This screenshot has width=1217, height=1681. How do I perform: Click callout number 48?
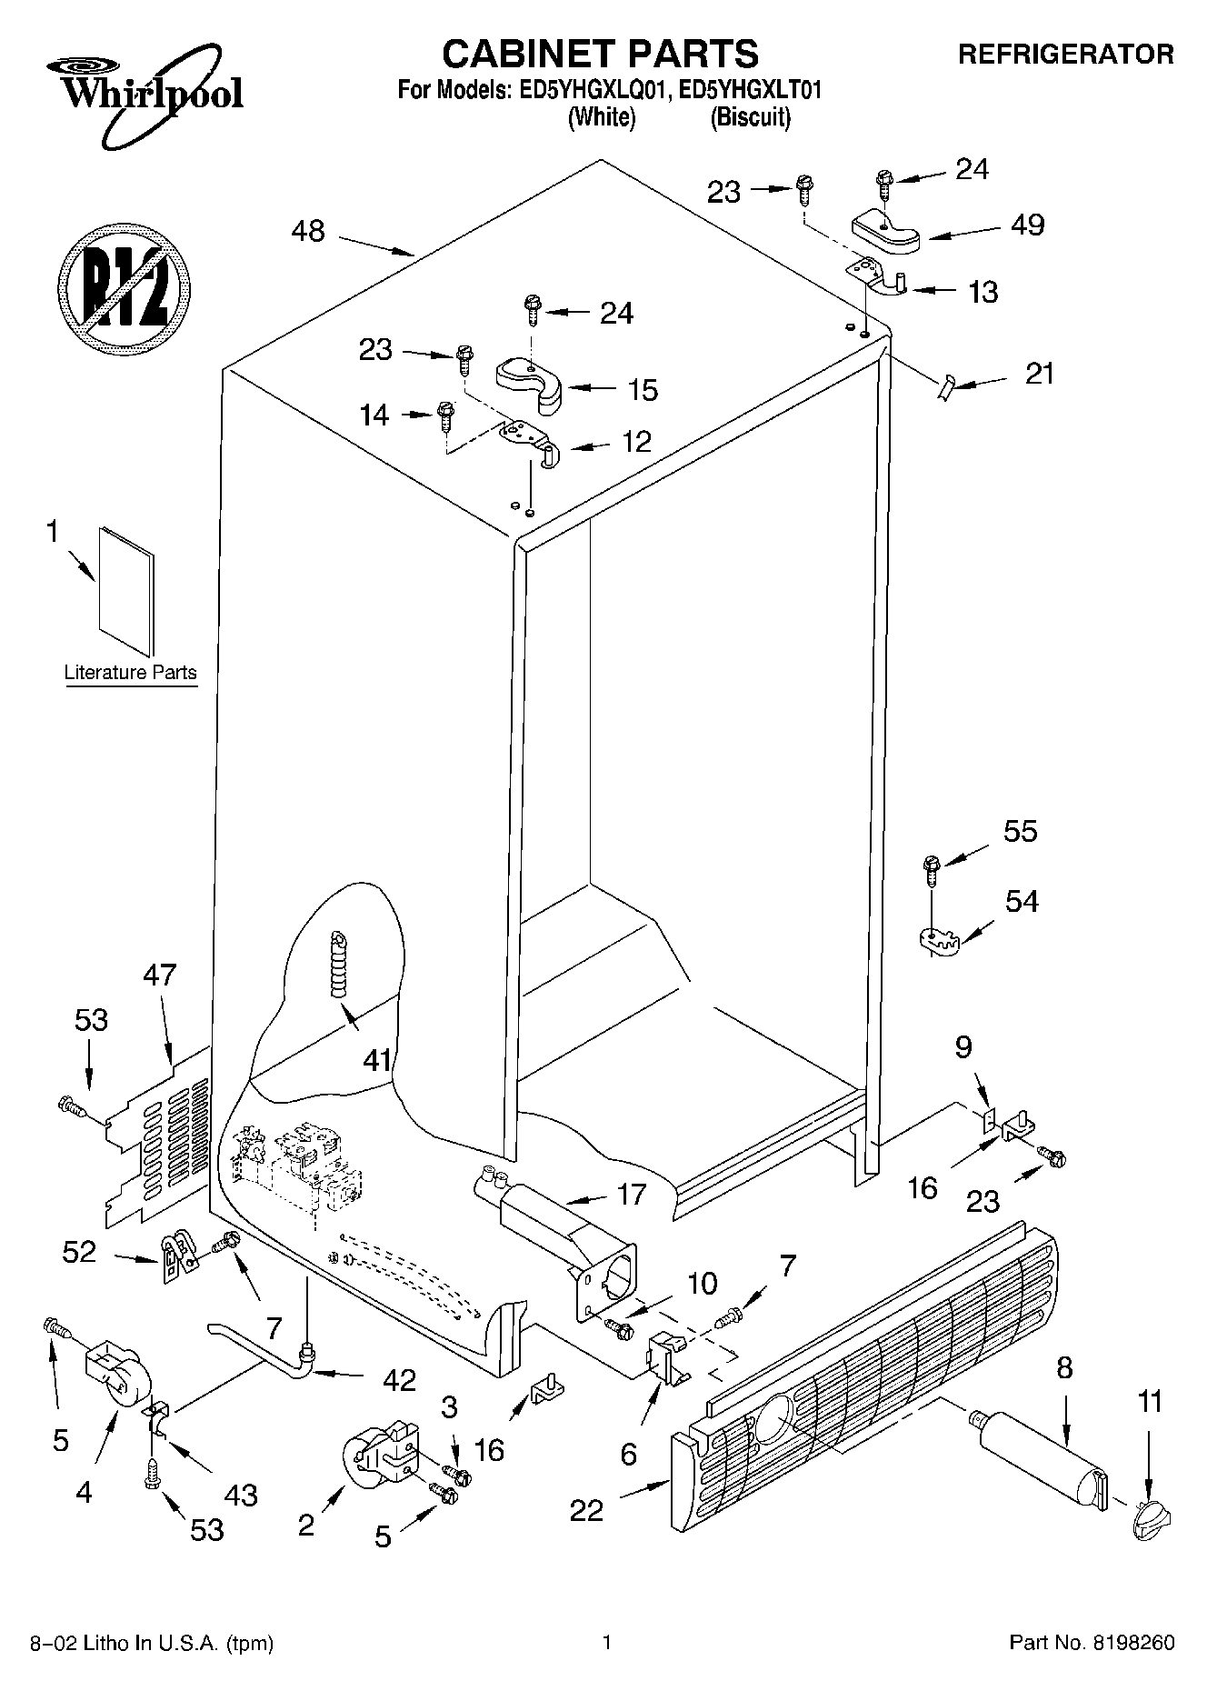[308, 231]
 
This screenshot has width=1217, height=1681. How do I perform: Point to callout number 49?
[1028, 225]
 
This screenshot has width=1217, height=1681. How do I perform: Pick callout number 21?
[1040, 373]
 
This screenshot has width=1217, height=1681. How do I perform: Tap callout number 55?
[1021, 831]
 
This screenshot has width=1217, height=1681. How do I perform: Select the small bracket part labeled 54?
[935, 940]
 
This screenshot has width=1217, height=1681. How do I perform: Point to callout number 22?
[587, 1510]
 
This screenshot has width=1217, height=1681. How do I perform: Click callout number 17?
[632, 1194]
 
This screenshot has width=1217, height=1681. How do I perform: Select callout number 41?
[376, 1059]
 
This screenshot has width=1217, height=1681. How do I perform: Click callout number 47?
[160, 976]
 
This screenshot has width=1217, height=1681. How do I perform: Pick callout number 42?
[399, 1379]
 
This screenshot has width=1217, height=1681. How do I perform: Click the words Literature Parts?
[131, 673]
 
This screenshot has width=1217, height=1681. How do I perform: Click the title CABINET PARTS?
[600, 55]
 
